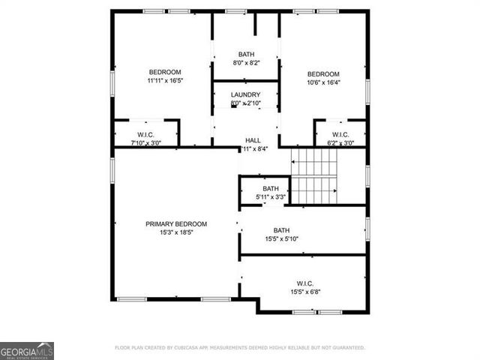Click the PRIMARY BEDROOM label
(176, 223)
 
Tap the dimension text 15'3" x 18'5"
(176, 232)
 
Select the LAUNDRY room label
(245, 94)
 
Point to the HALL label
(253, 140)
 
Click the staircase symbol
(314, 176)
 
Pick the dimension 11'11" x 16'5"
(165, 81)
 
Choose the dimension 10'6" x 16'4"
(324, 82)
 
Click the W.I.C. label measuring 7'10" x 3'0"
(145, 134)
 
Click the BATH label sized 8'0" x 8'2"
(246, 55)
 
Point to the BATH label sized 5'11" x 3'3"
(270, 188)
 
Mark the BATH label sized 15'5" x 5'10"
(281, 230)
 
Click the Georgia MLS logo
(27, 351)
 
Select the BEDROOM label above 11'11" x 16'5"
(165, 72)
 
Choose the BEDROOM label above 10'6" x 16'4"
(324, 73)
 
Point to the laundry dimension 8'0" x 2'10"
(245, 103)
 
